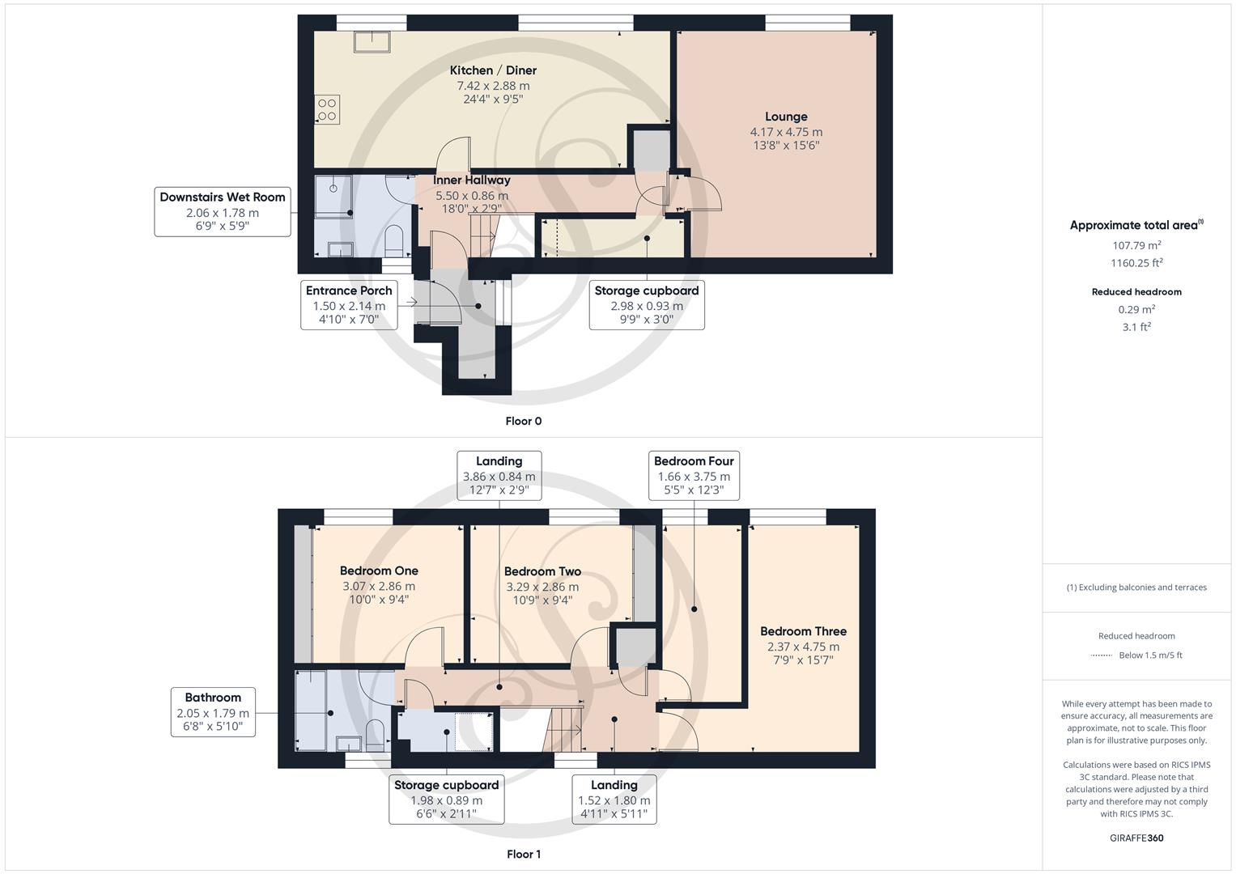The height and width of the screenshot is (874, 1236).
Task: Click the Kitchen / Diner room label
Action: pyautogui.click(x=493, y=70)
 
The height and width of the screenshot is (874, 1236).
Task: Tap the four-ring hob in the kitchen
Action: pyautogui.click(x=327, y=110)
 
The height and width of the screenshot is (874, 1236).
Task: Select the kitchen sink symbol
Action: pyautogui.click(x=372, y=41)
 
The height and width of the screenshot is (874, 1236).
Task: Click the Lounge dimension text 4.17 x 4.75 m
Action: pyautogui.click(x=786, y=132)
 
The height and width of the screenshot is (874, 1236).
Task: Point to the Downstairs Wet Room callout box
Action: pyautogui.click(x=223, y=211)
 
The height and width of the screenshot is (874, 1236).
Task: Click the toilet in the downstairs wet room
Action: pyautogui.click(x=394, y=240)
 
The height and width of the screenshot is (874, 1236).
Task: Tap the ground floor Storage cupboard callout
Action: pyautogui.click(x=646, y=304)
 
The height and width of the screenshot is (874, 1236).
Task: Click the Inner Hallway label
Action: pyautogui.click(x=472, y=180)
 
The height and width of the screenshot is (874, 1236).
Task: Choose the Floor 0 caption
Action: pyautogui.click(x=524, y=421)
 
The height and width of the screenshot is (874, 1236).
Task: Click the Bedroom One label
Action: pyautogui.click(x=379, y=571)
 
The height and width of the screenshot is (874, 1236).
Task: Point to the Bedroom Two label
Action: pyautogui.click(x=542, y=571)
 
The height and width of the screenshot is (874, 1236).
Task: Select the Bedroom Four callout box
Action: pyautogui.click(x=694, y=475)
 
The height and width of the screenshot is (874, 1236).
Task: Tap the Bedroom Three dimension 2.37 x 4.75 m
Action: pyautogui.click(x=803, y=647)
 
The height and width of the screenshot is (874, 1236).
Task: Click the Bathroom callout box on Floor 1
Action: pyautogui.click(x=213, y=712)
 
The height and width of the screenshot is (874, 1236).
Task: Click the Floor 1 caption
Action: pyautogui.click(x=524, y=854)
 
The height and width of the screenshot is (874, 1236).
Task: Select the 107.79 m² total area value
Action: pyautogui.click(x=1136, y=245)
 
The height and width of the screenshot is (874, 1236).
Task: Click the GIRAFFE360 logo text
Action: pyautogui.click(x=1136, y=838)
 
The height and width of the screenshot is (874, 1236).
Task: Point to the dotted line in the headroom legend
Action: pyautogui.click(x=1102, y=655)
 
